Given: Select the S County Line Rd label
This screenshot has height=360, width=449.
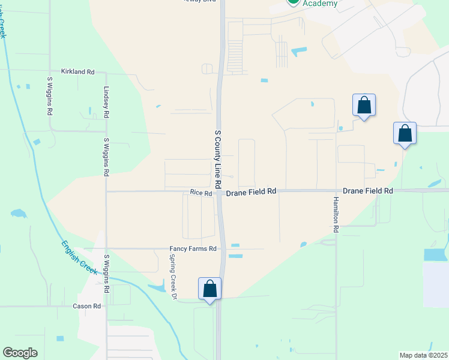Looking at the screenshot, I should tap(218, 157).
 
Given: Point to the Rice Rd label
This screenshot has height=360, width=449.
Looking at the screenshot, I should tap(201, 193).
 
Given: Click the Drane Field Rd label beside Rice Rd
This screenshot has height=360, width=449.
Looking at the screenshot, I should tap(251, 191).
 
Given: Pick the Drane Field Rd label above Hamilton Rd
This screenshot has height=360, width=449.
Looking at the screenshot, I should tap(367, 190).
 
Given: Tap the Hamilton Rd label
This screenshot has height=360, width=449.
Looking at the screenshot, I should tap(336, 214).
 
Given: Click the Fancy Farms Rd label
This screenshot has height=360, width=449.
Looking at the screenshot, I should tap(193, 248).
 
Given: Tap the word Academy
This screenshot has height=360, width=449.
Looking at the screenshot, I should tap(320, 4).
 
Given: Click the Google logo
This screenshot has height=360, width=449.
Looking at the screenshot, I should tap(20, 353).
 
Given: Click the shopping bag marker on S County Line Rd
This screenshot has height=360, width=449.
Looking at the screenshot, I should tap(210, 289).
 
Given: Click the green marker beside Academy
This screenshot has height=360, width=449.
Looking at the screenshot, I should tap(292, 2).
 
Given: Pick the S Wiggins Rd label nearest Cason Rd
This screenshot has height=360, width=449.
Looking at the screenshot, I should tap(106, 273).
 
